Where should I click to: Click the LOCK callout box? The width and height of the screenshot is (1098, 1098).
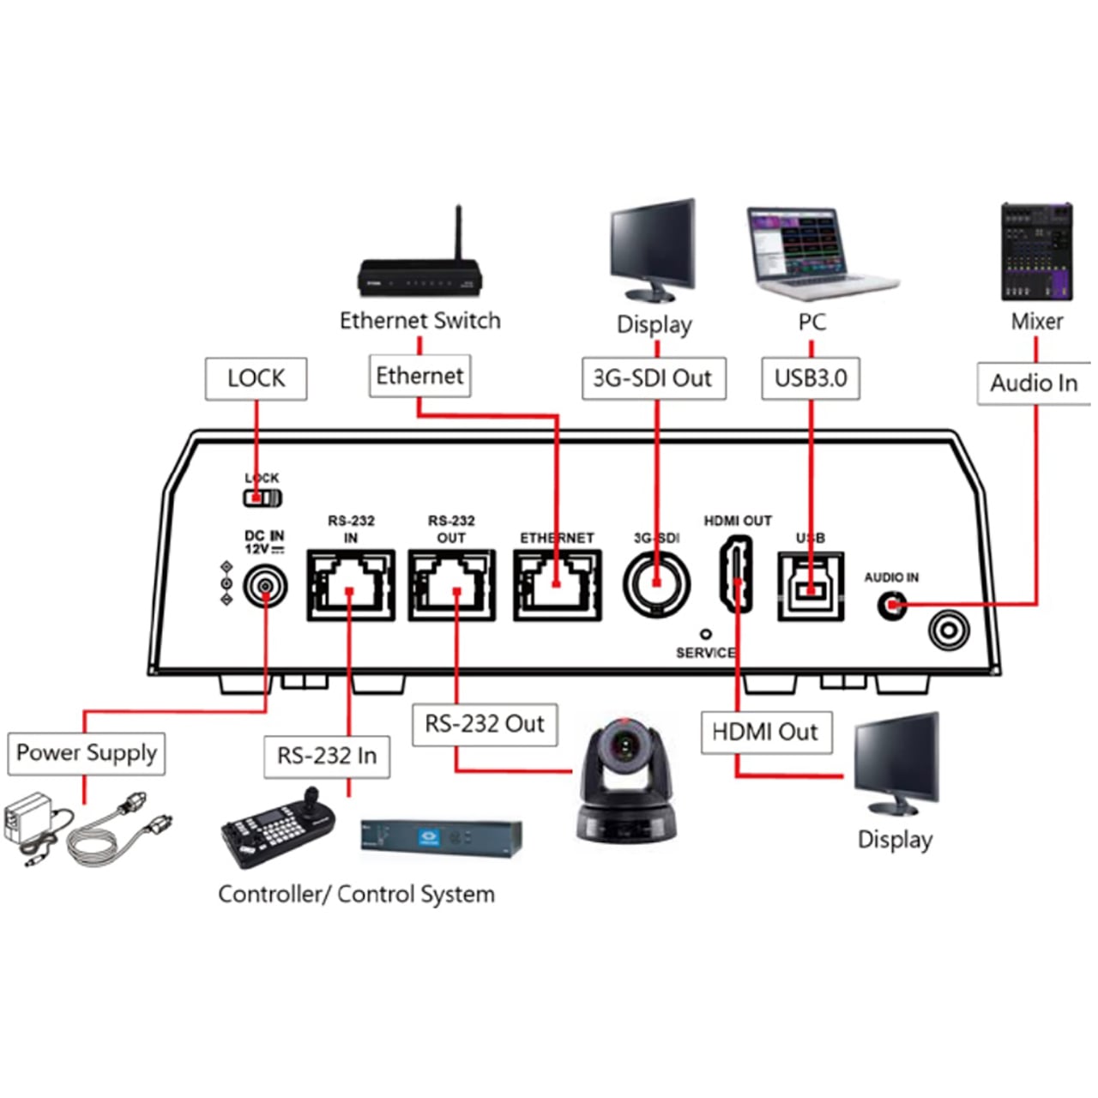pyautogui.click(x=256, y=378)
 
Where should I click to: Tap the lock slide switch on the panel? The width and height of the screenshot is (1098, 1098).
pyautogui.click(x=262, y=498)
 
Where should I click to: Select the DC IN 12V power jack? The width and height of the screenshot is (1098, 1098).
pyautogui.click(x=265, y=588)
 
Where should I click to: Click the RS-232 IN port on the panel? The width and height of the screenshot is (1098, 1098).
pyautogui.click(x=351, y=585)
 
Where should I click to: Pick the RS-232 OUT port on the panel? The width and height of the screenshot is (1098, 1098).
pyautogui.click(x=451, y=585)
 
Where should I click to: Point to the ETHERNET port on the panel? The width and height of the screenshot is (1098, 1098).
pyautogui.click(x=558, y=585)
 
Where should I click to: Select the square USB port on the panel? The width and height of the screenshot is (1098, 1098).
pyautogui.click(x=811, y=586)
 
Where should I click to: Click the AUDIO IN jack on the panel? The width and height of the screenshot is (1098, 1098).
pyautogui.click(x=892, y=606)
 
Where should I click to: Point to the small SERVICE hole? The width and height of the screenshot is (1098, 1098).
pyautogui.click(x=706, y=634)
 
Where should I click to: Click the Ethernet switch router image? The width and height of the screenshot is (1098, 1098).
pyautogui.click(x=420, y=266)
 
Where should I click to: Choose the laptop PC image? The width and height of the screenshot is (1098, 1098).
pyautogui.click(x=815, y=254)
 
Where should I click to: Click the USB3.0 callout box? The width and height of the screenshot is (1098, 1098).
pyautogui.click(x=811, y=378)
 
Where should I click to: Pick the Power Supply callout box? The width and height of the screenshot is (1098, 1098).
pyautogui.click(x=86, y=753)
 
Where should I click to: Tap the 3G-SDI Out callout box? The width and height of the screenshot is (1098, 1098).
pyautogui.click(x=654, y=378)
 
